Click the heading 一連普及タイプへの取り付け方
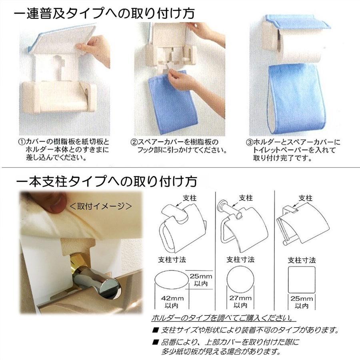[x=104, y=13]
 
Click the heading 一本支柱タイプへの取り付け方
[x=106, y=182]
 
